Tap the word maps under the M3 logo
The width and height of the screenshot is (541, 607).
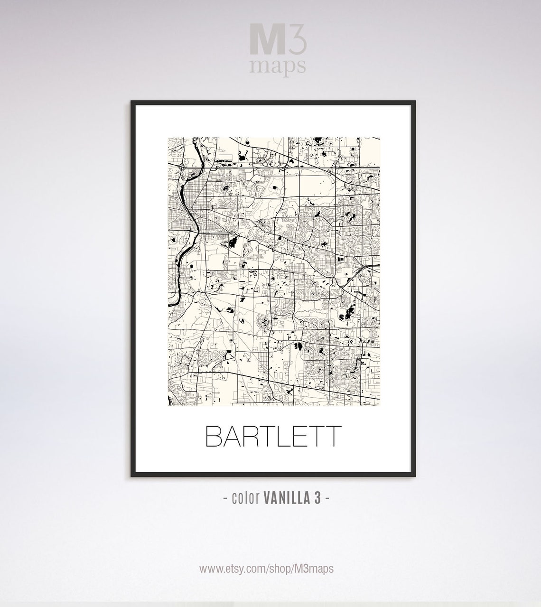[278, 66]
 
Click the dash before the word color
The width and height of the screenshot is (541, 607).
[225, 499]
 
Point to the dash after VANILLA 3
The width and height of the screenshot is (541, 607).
[327, 499]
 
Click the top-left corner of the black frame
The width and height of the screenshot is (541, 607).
[132, 102]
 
